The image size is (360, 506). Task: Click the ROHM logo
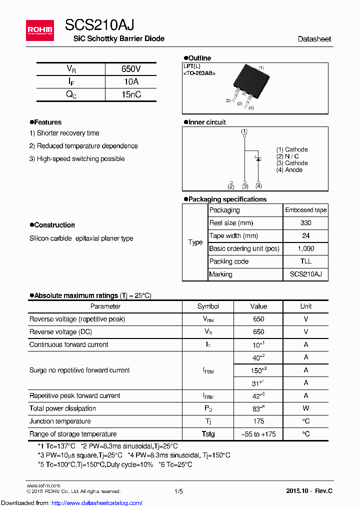(x=40, y=30)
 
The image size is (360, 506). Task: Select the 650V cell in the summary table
(x=131, y=69)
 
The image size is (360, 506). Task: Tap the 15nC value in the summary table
(x=131, y=94)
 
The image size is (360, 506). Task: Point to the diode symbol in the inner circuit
(x=258, y=158)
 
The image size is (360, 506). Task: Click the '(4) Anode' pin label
(x=289, y=170)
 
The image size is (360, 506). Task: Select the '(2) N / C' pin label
(x=287, y=156)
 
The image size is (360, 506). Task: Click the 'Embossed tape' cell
(x=305, y=210)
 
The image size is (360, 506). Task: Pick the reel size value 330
(x=305, y=223)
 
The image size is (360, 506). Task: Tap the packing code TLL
(x=305, y=261)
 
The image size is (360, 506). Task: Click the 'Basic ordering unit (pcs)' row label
(x=244, y=248)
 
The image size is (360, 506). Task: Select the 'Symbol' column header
(x=208, y=306)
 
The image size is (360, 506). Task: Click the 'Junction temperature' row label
(x=60, y=421)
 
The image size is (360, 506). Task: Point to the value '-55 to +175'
(x=258, y=434)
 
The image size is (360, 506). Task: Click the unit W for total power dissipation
(x=305, y=408)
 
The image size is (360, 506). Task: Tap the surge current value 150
(x=257, y=370)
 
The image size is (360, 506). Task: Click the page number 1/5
(x=178, y=491)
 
